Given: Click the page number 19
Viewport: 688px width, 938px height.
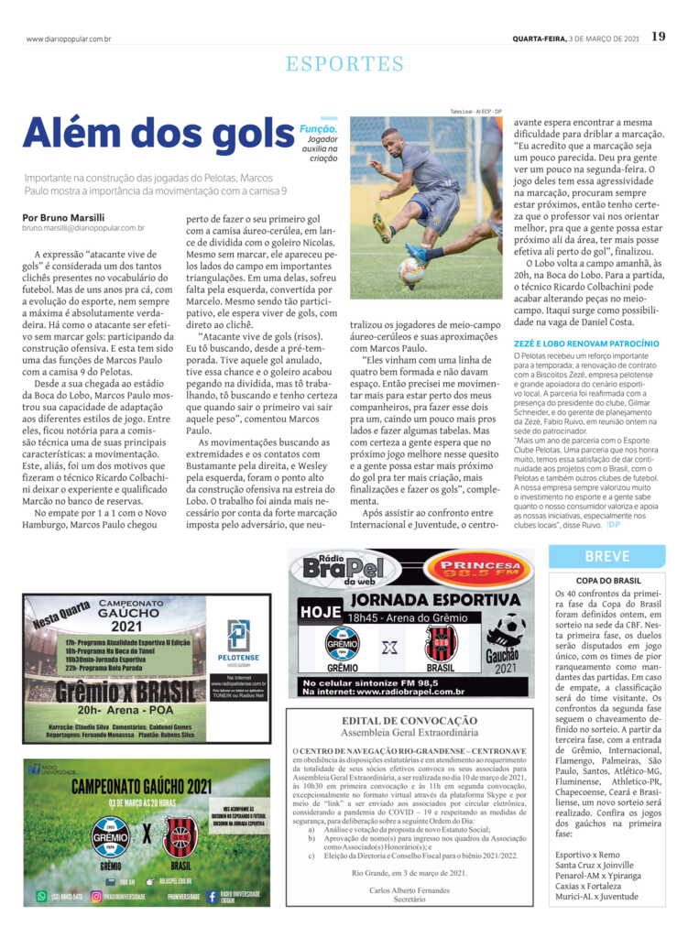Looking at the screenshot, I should click(x=658, y=38).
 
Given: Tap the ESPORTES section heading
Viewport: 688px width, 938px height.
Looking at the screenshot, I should click(x=344, y=64).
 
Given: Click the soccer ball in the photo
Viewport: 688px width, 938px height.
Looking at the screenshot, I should click(x=411, y=271).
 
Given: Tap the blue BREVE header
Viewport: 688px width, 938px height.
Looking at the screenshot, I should click(x=606, y=556).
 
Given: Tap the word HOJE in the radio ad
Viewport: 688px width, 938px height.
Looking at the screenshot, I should click(x=320, y=611).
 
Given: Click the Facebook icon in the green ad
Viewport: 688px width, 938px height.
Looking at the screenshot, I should click(x=212, y=896).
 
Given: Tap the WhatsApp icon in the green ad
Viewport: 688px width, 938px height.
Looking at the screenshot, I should click(x=41, y=896).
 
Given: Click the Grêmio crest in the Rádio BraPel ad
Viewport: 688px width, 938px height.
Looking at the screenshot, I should click(x=342, y=643).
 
